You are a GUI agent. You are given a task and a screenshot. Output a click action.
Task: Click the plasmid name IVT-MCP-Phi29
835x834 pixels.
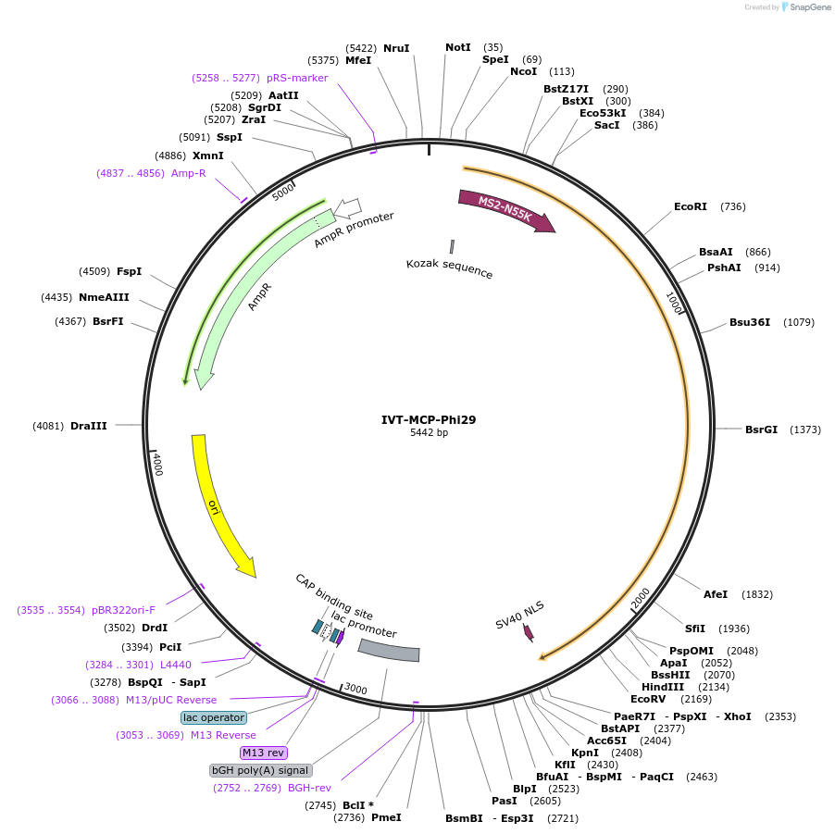[429, 419]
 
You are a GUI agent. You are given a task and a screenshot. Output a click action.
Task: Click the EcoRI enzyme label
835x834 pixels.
[690, 206]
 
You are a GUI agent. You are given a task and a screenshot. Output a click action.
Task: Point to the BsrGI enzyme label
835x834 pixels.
[761, 429]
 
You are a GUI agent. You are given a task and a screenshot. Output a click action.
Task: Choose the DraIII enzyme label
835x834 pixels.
[89, 426]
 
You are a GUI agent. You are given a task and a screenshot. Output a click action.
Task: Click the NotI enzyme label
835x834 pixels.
[457, 47]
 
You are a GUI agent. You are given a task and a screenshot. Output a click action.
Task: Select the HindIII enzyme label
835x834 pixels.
[663, 687]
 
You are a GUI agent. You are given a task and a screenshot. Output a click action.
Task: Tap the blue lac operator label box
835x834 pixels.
[214, 717]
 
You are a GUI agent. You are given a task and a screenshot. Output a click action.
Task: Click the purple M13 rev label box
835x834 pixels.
[263, 753]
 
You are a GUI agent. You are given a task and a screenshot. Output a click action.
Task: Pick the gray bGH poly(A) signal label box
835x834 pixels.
[260, 770]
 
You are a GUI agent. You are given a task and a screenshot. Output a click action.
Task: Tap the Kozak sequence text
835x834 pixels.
[449, 269]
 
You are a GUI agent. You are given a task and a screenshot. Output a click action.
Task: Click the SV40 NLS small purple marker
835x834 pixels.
[529, 632]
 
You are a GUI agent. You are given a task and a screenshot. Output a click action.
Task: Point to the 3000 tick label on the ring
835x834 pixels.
[355, 690]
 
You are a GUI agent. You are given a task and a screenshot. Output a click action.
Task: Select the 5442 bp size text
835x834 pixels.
[429, 433]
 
